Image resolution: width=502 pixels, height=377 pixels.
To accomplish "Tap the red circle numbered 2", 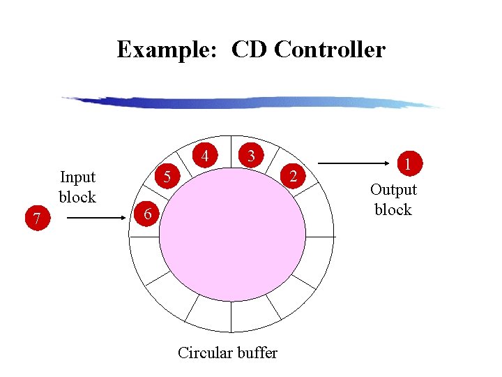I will click(x=294, y=176).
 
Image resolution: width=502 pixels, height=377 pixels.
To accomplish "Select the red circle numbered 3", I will click(x=252, y=154).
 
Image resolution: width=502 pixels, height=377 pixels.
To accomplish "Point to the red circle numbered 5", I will click(x=167, y=177).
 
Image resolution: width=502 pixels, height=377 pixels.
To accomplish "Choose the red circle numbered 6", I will click(x=146, y=213).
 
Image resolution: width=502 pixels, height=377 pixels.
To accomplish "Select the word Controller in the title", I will click(x=330, y=50).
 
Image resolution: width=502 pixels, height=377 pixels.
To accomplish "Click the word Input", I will click(x=77, y=177).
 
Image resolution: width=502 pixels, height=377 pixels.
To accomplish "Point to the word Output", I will click(x=393, y=189).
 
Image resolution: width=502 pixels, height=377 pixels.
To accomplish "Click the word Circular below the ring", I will click(x=204, y=353).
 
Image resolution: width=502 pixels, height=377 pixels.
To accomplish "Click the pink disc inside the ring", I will click(x=232, y=237).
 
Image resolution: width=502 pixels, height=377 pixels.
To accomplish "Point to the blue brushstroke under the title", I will click(x=251, y=103).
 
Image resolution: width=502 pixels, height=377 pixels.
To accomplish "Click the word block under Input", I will click(x=77, y=197).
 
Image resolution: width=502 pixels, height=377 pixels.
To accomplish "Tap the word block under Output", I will click(x=393, y=209).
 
